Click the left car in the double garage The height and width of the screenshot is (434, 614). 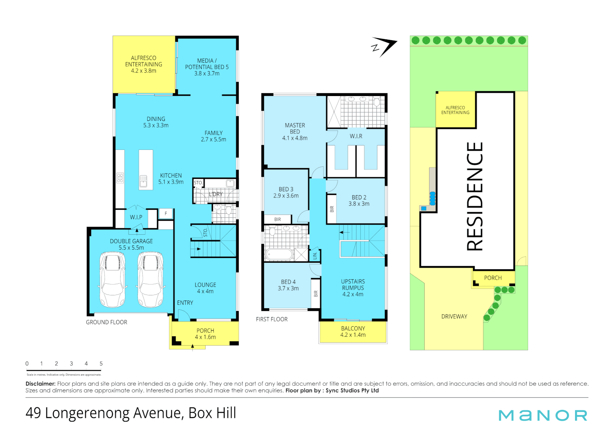(x=112, y=279)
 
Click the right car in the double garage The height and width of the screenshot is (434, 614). (x=150, y=279)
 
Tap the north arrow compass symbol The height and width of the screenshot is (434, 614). (x=384, y=47)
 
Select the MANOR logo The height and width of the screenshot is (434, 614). (x=542, y=415)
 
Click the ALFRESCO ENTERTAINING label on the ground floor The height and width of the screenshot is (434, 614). (x=143, y=64)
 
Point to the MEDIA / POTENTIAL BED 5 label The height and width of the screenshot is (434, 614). (x=207, y=67)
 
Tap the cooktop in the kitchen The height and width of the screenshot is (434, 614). (x=120, y=178)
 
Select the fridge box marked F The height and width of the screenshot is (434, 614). (x=166, y=213)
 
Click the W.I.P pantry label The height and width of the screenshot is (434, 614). (x=136, y=217)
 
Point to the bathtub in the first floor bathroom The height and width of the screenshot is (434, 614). (x=279, y=255)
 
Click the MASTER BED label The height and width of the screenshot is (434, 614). (x=295, y=131)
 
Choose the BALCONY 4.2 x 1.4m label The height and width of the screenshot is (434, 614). (x=353, y=332)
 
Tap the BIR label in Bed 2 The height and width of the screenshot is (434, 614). (x=332, y=209)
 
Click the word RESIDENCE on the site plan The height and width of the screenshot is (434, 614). (x=475, y=197)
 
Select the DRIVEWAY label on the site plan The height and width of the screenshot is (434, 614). (x=454, y=317)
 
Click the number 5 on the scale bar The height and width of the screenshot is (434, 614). (x=101, y=364)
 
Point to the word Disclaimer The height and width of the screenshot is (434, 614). (x=40, y=384)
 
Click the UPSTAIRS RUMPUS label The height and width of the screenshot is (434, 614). (x=353, y=288)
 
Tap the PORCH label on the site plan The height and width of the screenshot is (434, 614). (x=493, y=278)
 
